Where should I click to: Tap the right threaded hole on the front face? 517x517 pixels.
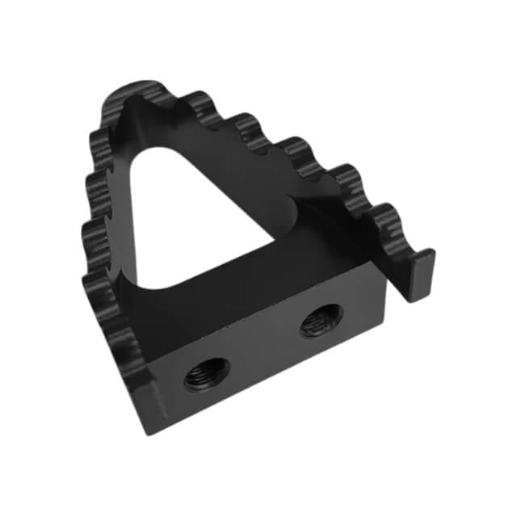pyautogui.click(x=321, y=321)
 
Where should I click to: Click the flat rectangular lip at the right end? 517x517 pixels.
pyautogui.click(x=420, y=275)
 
